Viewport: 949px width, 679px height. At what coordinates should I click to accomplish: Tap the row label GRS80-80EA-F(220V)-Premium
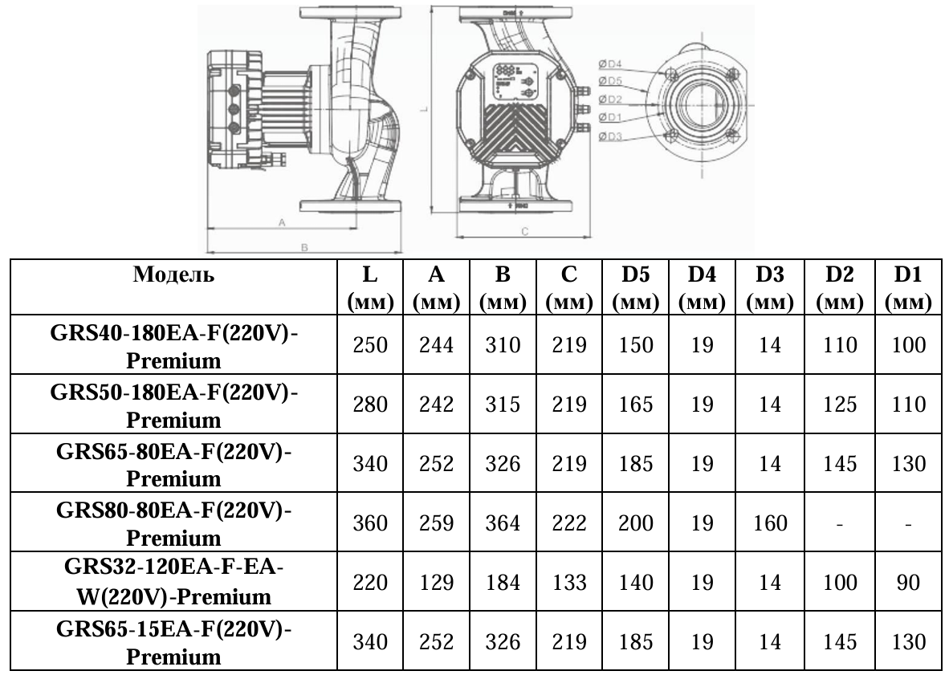pyautogui.click(x=173, y=523)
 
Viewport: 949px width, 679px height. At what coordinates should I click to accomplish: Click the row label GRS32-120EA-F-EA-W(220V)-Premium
pyautogui.click(x=173, y=583)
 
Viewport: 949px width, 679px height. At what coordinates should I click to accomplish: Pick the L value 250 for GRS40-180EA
pyautogui.click(x=370, y=345)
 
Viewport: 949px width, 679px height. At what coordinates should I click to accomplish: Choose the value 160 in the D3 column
pyautogui.click(x=769, y=523)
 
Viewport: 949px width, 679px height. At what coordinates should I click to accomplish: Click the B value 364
pyautogui.click(x=503, y=523)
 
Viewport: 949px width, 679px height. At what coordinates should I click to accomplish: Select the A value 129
pyautogui.click(x=437, y=583)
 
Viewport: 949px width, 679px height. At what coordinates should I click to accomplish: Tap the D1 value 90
pyautogui.click(x=908, y=583)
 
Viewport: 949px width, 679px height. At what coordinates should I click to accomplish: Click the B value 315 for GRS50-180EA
pyautogui.click(x=503, y=405)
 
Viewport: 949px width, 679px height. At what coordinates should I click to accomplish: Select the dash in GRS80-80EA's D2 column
pyautogui.click(x=840, y=523)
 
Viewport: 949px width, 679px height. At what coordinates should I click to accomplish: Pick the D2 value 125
pyautogui.click(x=840, y=405)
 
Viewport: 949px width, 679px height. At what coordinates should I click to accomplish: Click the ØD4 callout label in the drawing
pyautogui.click(x=611, y=64)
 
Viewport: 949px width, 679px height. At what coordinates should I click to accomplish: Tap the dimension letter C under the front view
pyautogui.click(x=523, y=231)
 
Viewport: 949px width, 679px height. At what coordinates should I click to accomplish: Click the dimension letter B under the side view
pyautogui.click(x=304, y=247)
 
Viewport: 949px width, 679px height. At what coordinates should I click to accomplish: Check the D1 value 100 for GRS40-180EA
pyautogui.click(x=908, y=345)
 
